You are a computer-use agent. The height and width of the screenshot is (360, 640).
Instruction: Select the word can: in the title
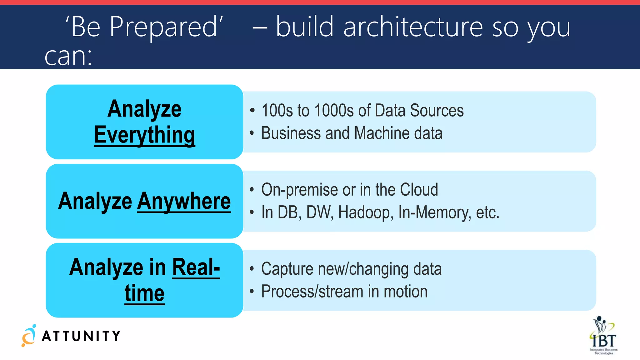(x=68, y=57)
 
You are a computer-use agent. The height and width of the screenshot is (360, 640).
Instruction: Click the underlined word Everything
(x=144, y=135)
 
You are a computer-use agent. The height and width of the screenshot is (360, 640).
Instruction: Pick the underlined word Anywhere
(x=184, y=201)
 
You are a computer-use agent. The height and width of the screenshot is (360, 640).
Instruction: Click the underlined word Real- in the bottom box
(x=196, y=267)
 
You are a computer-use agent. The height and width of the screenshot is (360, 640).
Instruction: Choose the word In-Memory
(x=434, y=212)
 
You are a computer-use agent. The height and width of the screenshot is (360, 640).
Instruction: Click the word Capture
(x=287, y=269)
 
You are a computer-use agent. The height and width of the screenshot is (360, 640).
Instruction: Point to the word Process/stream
(x=312, y=292)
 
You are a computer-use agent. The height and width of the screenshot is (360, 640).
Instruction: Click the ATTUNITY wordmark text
(x=81, y=336)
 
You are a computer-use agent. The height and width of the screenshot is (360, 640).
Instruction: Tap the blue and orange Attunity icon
(x=29, y=336)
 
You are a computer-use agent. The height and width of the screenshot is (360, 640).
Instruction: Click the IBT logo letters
(x=604, y=340)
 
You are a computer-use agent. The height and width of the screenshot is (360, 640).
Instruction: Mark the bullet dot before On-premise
(x=252, y=189)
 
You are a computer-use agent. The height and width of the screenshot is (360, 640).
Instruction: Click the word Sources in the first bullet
(x=437, y=110)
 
